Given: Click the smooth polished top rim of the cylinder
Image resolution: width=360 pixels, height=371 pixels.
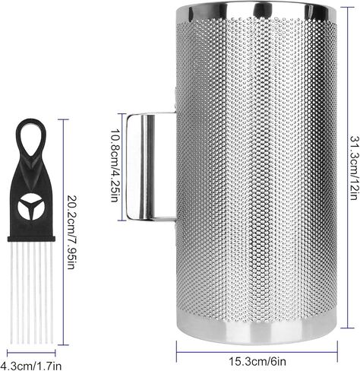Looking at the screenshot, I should (x=253, y=11).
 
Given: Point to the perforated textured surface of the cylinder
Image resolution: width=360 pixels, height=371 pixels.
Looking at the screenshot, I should (x=253, y=167).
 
